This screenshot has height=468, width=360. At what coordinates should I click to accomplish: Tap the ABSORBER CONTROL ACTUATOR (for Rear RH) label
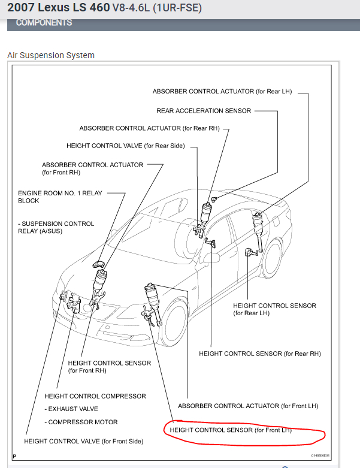pos(138,128)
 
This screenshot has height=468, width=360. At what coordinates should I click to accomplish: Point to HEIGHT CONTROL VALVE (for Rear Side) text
pos(125,146)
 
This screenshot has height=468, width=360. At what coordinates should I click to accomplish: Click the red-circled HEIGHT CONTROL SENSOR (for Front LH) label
pos(231,430)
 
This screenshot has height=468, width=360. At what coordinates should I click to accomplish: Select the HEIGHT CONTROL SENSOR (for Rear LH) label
pos(274,309)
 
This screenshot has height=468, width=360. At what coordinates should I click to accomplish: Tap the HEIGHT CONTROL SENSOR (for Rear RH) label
pos(260,354)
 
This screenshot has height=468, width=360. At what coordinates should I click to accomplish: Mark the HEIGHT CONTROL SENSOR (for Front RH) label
pos(110,366)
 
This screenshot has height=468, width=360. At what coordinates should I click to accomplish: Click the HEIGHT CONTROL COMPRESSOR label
pos(95,396)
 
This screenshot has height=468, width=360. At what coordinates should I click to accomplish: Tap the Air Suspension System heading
pos(51,55)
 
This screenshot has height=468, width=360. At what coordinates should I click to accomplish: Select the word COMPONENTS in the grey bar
pos(44,23)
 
